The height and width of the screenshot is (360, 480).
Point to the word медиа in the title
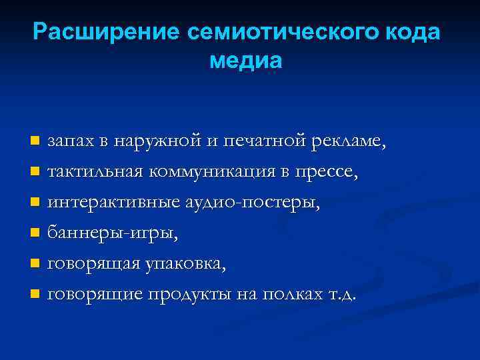pos(246,62)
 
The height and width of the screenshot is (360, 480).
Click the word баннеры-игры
pos(113,233)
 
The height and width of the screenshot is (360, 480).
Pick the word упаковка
pos(184,264)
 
